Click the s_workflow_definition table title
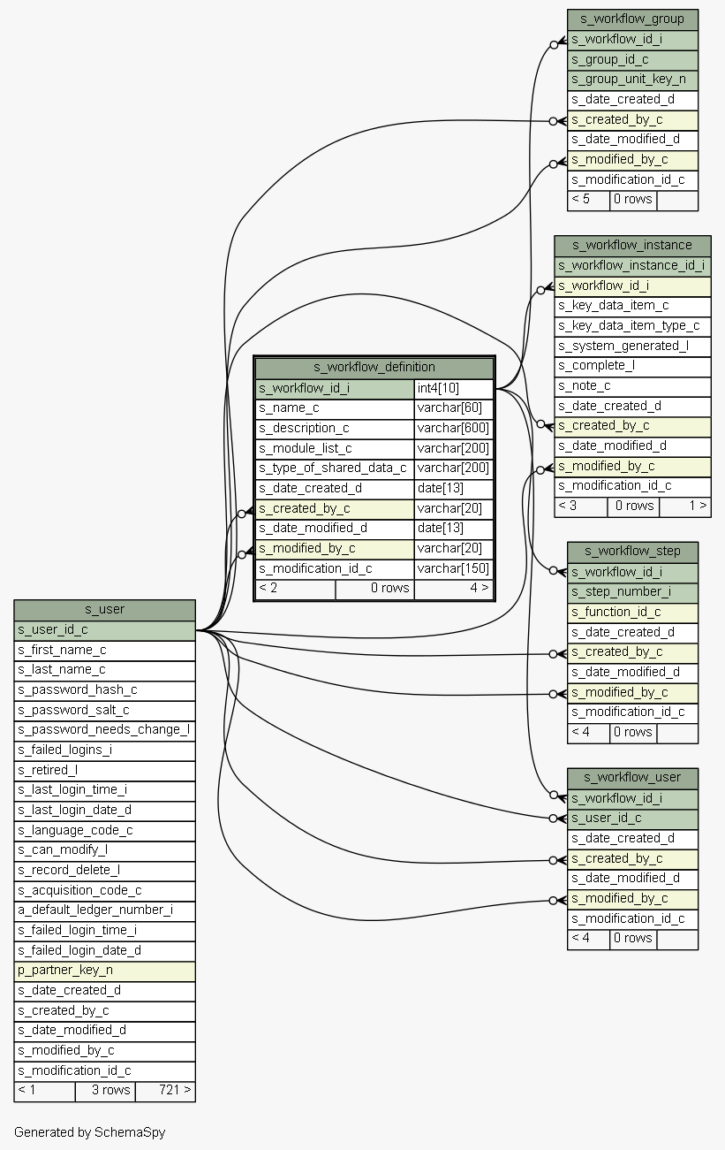click(374, 367)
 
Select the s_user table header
click(104, 609)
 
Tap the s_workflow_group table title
click(632, 19)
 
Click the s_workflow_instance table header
click(632, 245)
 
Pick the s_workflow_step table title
click(632, 551)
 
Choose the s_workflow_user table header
click(632, 777)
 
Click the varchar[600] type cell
click(453, 428)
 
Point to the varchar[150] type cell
click(453, 568)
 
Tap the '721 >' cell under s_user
click(165, 1090)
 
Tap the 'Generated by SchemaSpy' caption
click(89, 1132)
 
